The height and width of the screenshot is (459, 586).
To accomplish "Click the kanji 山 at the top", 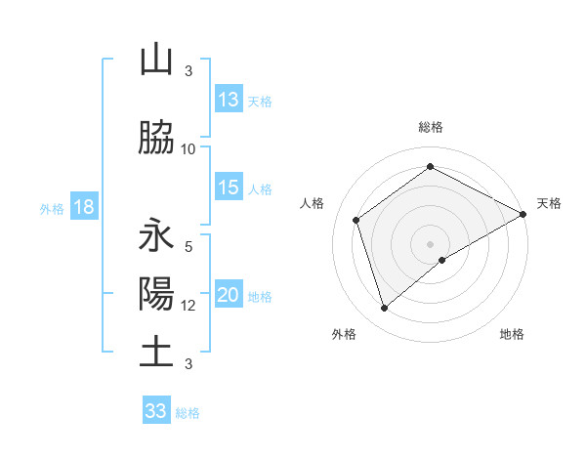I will pos(156,61).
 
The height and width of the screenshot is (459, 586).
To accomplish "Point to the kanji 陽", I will pos(156,294).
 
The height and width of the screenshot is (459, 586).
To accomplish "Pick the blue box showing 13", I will pos(229,100).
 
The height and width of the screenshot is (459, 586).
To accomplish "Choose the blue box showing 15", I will pos(229,188).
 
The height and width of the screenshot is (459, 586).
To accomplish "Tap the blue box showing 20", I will pos(229,296).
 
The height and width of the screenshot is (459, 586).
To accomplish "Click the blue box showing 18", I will pos(83,208).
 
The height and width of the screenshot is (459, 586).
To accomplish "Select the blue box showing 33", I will pos(156,411).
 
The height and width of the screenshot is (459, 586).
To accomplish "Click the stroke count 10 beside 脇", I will pos(188,148).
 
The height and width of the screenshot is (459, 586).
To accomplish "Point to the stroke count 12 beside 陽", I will pos(188,306).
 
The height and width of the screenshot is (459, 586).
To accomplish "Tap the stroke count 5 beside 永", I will pos(188,247).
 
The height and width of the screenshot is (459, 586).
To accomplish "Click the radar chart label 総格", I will pos(431,127).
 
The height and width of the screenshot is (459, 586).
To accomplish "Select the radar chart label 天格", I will pos(549,203).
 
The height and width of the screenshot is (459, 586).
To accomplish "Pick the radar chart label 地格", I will pos(512,334).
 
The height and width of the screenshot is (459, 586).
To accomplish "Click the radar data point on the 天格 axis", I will pos(523,213).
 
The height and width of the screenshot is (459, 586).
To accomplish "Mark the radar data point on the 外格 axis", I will pos(384,309).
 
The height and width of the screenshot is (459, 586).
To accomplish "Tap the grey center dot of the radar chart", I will pos(431,243).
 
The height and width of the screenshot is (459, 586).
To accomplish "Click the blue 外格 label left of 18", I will pos(51,209).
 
